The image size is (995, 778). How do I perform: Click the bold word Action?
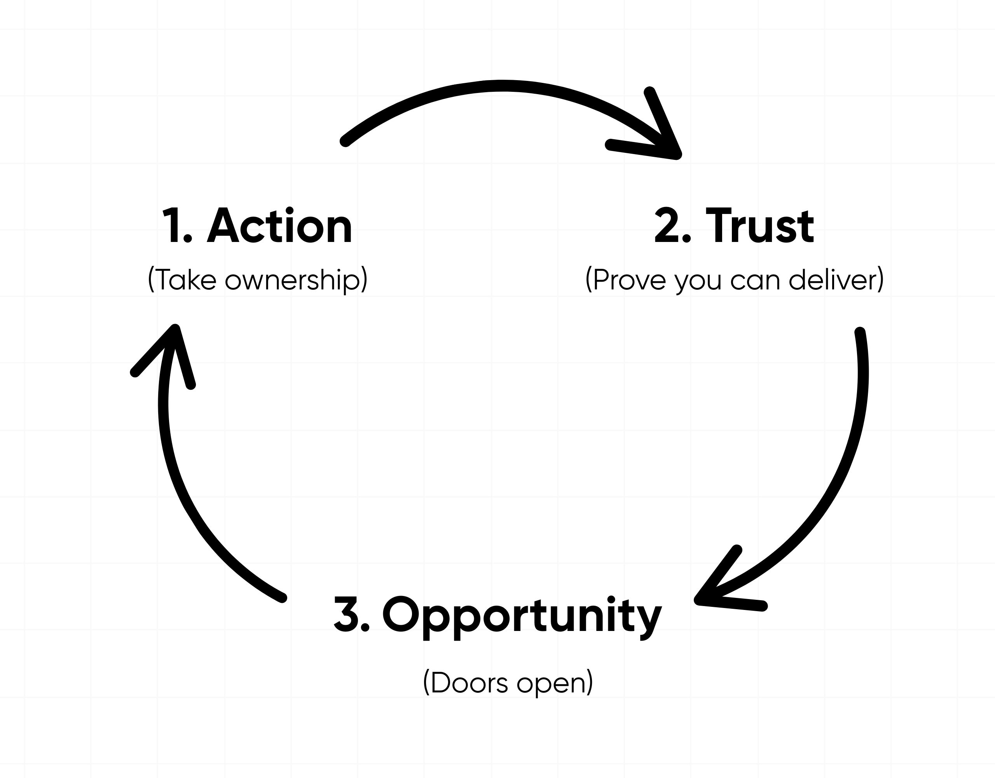click(280, 227)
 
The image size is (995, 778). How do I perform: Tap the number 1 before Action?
click(172, 227)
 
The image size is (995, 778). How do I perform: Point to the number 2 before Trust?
click(667, 227)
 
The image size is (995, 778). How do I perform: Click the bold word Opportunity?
click(522, 616)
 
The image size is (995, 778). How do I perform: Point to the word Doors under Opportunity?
click(469, 683)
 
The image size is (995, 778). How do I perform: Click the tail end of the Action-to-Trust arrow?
click(345, 141)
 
